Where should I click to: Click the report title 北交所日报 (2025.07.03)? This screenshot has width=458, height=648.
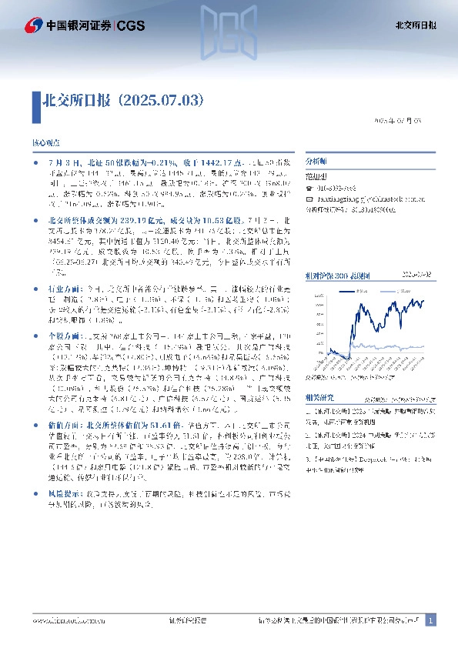click(x=123, y=100)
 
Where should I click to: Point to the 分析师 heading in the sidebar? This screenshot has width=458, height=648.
click(x=316, y=162)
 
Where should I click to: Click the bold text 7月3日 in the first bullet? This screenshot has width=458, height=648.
click(x=60, y=165)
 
